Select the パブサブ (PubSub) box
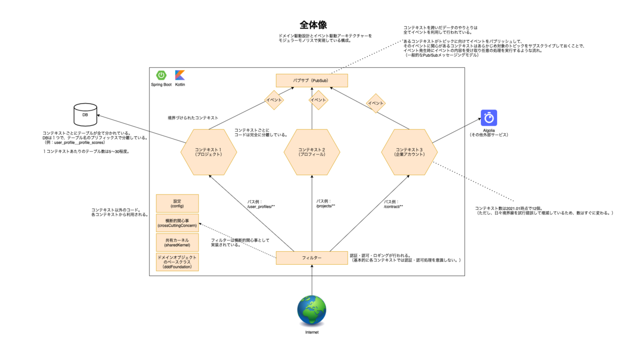(312, 80)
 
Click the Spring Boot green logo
(161, 76)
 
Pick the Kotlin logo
(180, 76)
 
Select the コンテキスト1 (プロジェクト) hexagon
(208, 152)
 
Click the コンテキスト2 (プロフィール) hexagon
(312, 152)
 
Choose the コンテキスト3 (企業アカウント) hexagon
(409, 152)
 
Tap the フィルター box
(312, 257)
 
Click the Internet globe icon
(312, 310)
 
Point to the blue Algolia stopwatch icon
(489, 118)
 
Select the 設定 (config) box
(177, 204)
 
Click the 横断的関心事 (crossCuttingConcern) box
(177, 223)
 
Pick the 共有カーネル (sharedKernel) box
(177, 243)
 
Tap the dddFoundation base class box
(177, 262)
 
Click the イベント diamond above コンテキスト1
(274, 100)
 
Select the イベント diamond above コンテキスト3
(376, 103)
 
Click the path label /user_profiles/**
(260, 206)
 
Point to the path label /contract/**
(393, 206)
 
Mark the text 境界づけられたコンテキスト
(193, 118)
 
